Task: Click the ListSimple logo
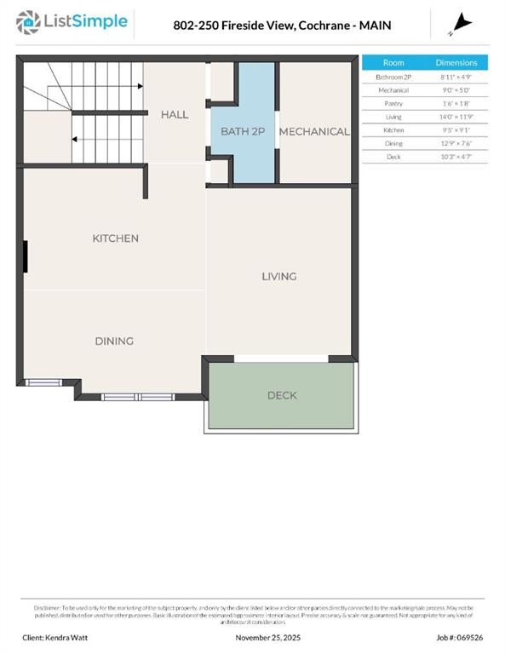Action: pos(73,22)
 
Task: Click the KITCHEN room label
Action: pos(115,238)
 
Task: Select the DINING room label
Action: pos(114,341)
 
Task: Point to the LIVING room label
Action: pos(278,276)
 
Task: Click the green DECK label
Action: pos(282,395)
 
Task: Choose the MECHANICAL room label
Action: pos(314,131)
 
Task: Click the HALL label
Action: pos(175,114)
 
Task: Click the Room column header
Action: pos(393,63)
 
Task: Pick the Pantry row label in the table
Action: pos(393,103)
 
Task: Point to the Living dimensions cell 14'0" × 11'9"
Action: pos(456,117)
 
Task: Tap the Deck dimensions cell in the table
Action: pos(456,157)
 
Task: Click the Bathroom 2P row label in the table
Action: pos(393,77)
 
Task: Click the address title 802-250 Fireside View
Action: pos(282,26)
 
